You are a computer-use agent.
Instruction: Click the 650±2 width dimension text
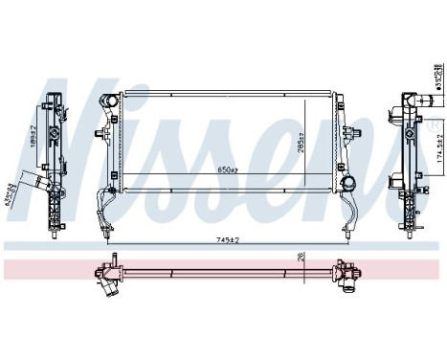click(226, 169)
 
